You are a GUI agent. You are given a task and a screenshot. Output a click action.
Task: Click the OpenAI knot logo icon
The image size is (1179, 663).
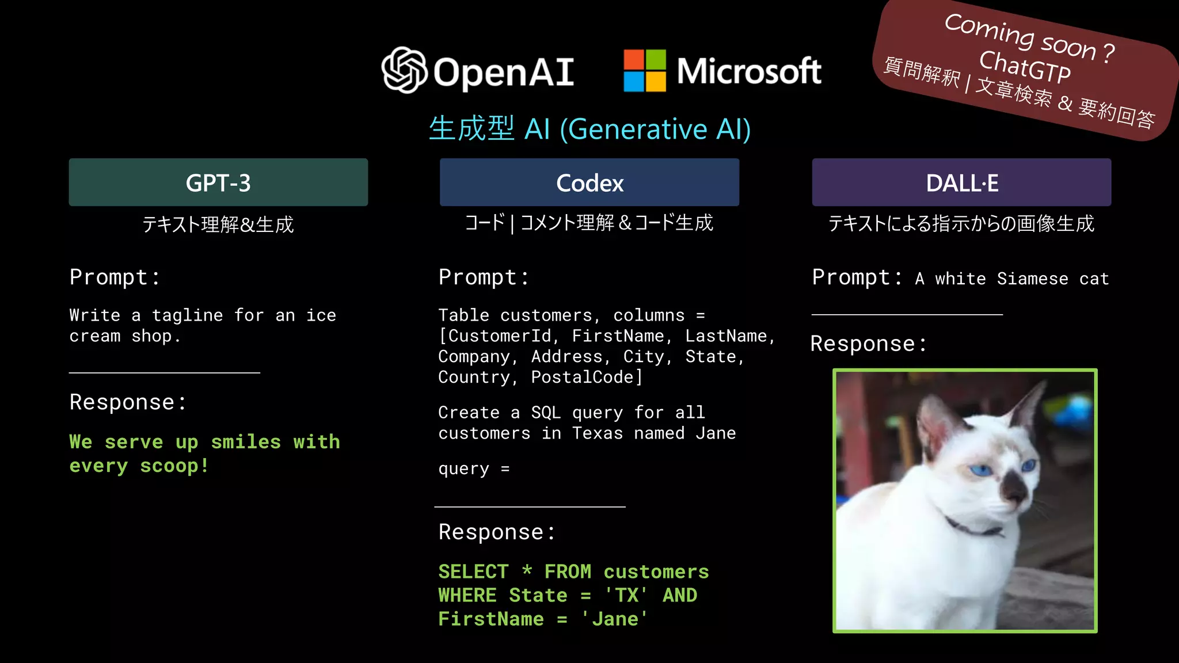coord(404,70)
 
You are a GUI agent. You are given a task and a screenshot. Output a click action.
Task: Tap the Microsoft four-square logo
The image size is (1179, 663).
coord(645,70)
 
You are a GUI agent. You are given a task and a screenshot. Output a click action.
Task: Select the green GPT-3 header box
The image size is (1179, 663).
coord(218,182)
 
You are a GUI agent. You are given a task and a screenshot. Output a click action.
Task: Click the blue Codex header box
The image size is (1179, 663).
coord(589,182)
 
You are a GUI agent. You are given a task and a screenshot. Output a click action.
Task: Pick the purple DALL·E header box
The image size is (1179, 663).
coord(961,182)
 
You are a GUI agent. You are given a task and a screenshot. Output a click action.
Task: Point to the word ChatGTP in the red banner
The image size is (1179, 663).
coord(1025,67)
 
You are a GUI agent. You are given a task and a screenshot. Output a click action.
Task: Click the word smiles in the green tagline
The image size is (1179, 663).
coord(246,442)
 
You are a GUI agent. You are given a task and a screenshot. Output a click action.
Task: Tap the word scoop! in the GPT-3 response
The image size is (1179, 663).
coord(174,466)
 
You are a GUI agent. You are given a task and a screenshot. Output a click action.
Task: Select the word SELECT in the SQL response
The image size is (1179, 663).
coord(473,571)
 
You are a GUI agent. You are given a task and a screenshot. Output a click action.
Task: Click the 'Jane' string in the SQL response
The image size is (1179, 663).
coord(614,619)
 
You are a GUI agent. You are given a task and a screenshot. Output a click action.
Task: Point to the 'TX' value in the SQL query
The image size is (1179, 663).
coord(626,595)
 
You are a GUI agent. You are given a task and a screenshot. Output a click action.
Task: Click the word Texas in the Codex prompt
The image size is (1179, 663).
coord(598,433)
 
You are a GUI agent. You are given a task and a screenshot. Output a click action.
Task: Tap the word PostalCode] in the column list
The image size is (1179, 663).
coord(586,378)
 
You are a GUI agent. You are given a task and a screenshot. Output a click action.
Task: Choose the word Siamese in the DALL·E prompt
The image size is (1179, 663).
coord(1032,279)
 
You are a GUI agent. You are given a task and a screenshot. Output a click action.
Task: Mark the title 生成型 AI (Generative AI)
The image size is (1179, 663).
coord(589,129)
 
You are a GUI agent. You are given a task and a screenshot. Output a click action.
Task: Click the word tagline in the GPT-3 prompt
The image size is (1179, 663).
coord(187,315)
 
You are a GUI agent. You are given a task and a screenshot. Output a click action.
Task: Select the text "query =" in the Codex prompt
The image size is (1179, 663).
coord(474,469)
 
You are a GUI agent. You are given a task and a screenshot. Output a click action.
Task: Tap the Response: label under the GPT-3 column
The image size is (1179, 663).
coord(128,402)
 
